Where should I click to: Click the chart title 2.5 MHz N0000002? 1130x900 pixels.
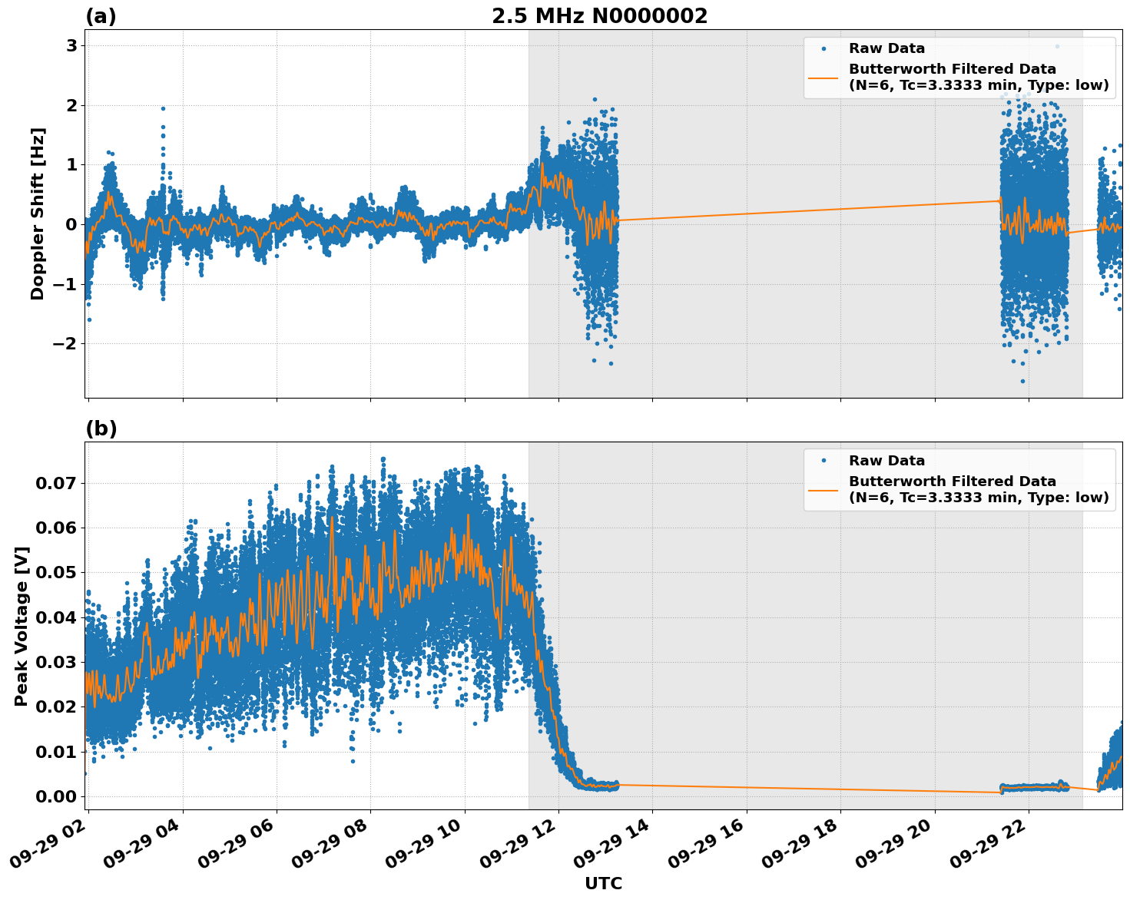coord(599,16)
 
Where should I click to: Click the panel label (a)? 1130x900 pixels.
coord(101,16)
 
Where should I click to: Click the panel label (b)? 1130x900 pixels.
coord(101,429)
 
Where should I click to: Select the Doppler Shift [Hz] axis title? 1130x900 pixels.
coord(38,213)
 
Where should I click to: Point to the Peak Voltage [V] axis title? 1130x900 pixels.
coord(22,626)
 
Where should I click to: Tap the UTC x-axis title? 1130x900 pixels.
coord(603,884)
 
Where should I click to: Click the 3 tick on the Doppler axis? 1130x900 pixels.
coord(71,46)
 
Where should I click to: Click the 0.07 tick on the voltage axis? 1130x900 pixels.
coord(56,484)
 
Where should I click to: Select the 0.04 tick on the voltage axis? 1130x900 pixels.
coord(56,617)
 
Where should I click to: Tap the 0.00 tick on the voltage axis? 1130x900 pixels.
coord(56,796)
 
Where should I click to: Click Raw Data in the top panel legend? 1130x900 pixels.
coord(886,48)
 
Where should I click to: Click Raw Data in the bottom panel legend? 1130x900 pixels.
coord(886,461)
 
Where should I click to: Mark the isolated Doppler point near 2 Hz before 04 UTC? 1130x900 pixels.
coord(163,108)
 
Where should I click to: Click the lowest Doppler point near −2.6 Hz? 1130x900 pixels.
coord(1022,381)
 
